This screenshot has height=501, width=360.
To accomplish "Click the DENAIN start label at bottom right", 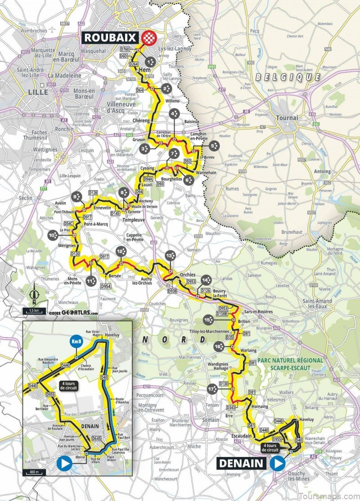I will pos(243,462).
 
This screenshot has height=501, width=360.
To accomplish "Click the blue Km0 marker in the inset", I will pos(76,342).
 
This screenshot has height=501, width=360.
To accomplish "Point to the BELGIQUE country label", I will pos(288,77).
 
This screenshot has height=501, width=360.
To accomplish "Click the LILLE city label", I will pos(38,92).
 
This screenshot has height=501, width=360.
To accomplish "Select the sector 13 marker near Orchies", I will pos(170,255).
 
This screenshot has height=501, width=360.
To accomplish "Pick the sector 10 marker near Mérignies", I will pos(54,234).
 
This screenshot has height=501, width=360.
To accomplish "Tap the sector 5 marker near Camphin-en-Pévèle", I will pos(214,145).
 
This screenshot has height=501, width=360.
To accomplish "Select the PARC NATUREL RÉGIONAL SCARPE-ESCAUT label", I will pos(297,364).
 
